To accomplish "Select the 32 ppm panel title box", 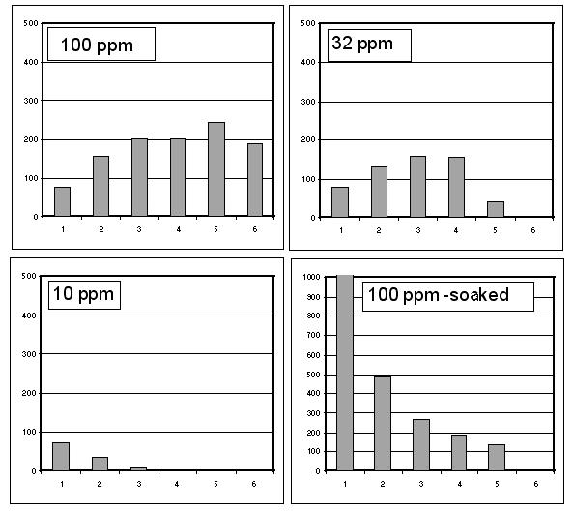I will click(368, 45).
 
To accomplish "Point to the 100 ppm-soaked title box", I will click(447, 295).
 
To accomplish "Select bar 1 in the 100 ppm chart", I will click(62, 202).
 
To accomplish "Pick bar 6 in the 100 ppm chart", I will click(255, 198).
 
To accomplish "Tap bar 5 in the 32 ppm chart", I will click(497, 209).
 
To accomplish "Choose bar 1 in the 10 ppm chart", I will click(62, 456).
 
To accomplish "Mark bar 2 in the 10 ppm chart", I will click(100, 464).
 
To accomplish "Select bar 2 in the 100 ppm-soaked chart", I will click(383, 423).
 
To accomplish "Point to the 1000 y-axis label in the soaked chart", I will click(311, 277).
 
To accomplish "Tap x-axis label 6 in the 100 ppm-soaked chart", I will click(536, 483).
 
